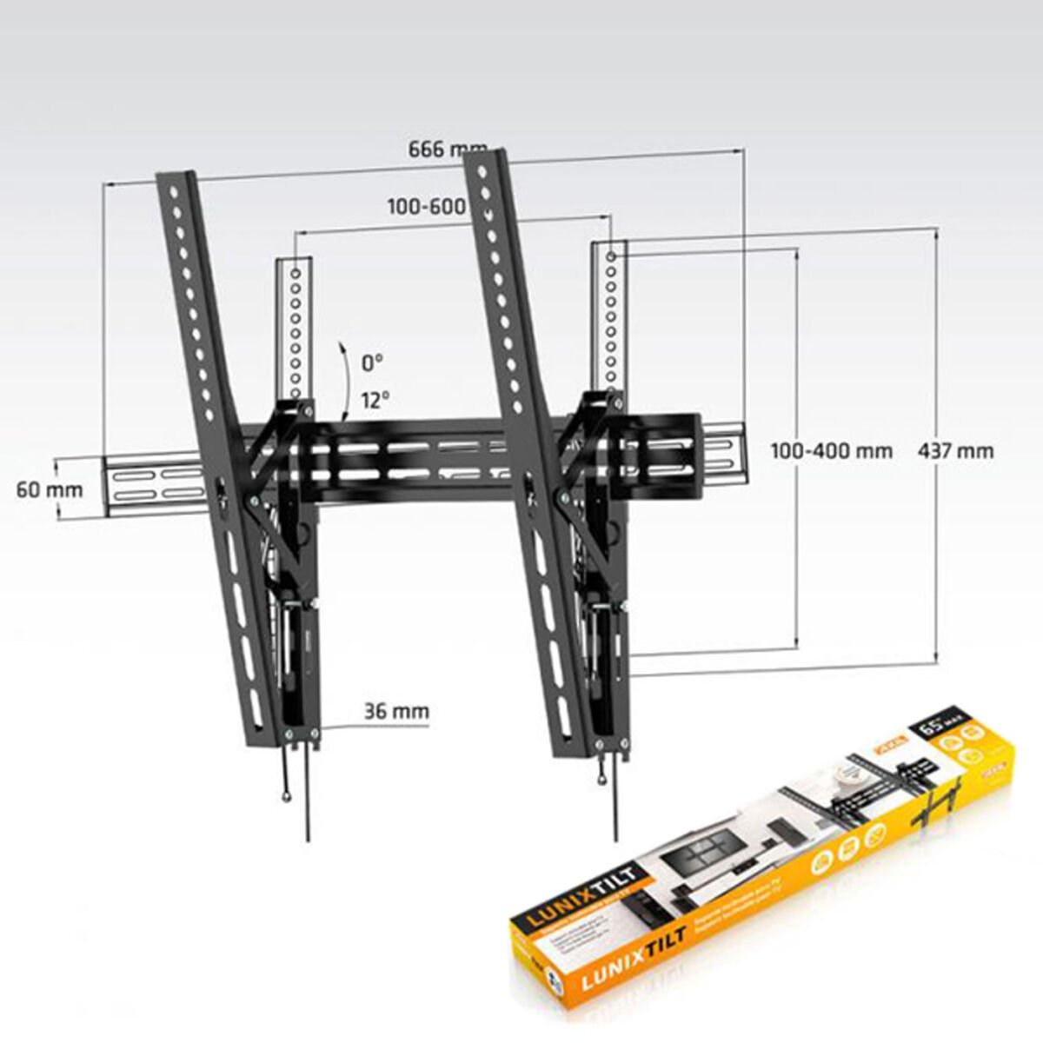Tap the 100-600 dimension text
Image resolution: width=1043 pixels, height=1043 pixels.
click(426, 207)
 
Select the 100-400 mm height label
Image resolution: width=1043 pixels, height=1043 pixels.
click(832, 451)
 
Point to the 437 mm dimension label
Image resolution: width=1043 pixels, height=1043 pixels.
click(955, 451)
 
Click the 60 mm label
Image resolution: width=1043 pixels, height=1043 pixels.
click(50, 489)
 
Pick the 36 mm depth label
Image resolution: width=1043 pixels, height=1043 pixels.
click(396, 711)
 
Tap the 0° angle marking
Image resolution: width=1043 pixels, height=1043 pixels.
click(372, 360)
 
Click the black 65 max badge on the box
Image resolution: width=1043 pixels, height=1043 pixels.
click(937, 723)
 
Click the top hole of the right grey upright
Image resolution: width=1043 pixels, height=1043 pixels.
click(612, 257)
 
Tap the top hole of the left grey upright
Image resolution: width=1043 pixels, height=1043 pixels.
click(296, 272)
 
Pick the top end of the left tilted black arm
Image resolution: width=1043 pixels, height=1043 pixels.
click(176, 178)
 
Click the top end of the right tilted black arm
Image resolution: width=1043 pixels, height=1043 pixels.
click(485, 157)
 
